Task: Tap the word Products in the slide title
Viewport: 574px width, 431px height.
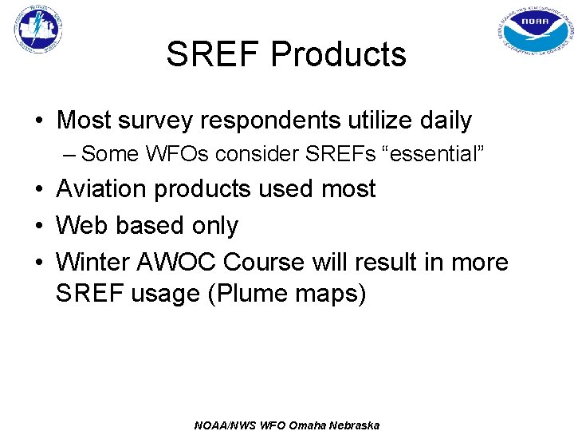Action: (x=339, y=54)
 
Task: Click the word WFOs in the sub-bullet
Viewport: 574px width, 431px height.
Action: (x=163, y=154)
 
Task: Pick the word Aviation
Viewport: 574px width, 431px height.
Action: (x=101, y=189)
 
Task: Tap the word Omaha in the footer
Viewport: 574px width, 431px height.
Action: (x=292, y=425)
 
